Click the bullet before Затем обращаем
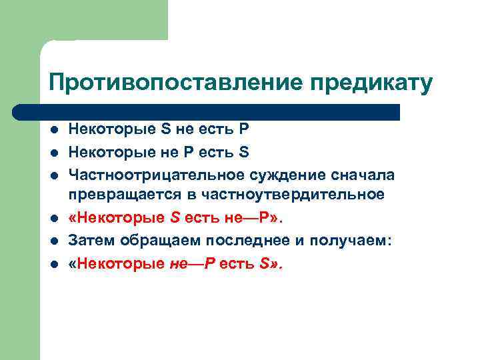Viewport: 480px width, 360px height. coord(53,241)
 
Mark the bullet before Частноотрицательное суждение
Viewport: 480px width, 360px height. coord(53,175)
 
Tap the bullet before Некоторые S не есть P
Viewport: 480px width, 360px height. coord(53,130)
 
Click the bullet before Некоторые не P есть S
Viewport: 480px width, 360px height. coord(53,153)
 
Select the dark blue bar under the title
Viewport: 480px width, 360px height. coord(207,111)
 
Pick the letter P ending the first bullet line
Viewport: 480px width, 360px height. coord(243,129)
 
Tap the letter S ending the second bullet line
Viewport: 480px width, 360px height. coord(244,152)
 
